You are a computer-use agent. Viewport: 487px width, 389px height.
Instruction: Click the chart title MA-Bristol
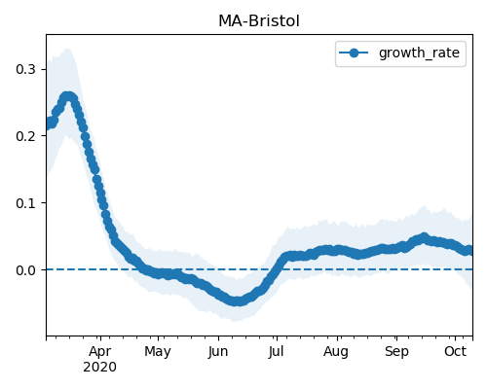(259, 21)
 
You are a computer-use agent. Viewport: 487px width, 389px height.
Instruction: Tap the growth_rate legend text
(419, 53)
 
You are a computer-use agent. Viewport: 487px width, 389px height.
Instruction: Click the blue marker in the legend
(354, 53)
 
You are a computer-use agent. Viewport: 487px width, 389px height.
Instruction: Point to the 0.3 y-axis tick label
(25, 69)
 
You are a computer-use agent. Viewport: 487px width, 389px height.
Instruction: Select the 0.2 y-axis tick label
(25, 136)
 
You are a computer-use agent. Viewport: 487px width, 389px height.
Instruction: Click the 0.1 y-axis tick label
(25, 203)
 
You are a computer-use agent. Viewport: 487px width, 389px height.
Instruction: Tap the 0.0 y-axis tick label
(25, 270)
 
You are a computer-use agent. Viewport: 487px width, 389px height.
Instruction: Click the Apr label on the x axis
(100, 352)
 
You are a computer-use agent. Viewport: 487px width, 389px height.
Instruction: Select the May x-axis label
(158, 352)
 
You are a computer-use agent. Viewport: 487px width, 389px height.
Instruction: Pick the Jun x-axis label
(218, 351)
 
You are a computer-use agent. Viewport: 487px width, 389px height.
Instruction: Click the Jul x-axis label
(277, 351)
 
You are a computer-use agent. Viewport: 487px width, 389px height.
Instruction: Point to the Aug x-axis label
(336, 352)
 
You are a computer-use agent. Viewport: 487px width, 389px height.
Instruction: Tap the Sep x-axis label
(396, 352)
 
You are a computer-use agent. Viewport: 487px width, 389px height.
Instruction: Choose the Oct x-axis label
(456, 351)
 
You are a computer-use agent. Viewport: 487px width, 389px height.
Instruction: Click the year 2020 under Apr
(99, 368)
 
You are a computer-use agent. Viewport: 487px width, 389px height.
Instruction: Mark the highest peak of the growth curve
(68, 96)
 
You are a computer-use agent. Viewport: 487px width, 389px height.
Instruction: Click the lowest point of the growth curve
(238, 301)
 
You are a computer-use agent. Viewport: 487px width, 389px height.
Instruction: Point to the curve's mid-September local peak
(424, 238)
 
